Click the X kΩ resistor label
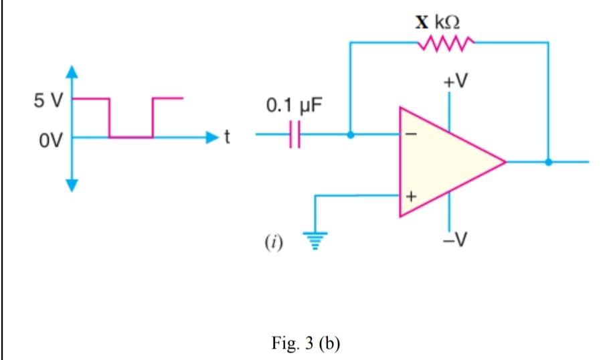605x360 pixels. coord(438,22)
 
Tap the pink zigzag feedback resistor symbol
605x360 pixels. coord(446,43)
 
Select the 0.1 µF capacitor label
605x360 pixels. coord(294,105)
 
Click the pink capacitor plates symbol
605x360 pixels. coord(294,134)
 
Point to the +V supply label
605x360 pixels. coord(455,81)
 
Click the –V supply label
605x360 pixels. coord(455,240)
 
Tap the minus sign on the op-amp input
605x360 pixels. coord(412,134)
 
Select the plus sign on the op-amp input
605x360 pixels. coord(412,197)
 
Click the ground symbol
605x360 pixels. coord(315,240)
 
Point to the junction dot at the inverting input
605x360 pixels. coord(350,134)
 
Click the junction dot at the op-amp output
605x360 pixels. coord(548,162)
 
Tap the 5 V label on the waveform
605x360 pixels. coord(48,101)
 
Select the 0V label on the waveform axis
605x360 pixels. coord(50,141)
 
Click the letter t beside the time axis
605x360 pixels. coord(227,137)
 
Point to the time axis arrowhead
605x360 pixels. coord(212,137)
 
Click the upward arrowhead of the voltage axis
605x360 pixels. coord(72,72)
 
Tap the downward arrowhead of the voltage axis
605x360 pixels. coord(72,185)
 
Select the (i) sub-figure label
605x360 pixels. coord(274,243)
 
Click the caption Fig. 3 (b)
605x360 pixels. coord(306,343)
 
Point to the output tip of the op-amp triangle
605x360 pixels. coord(505,162)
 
